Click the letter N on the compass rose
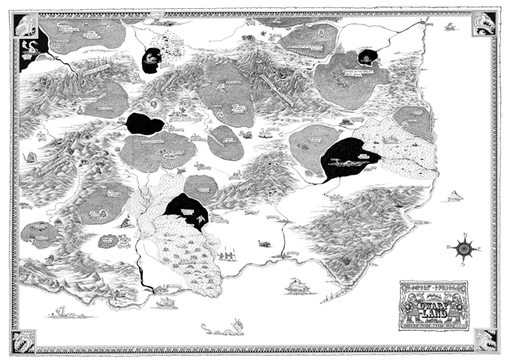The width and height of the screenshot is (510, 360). [x=465, y=235]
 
